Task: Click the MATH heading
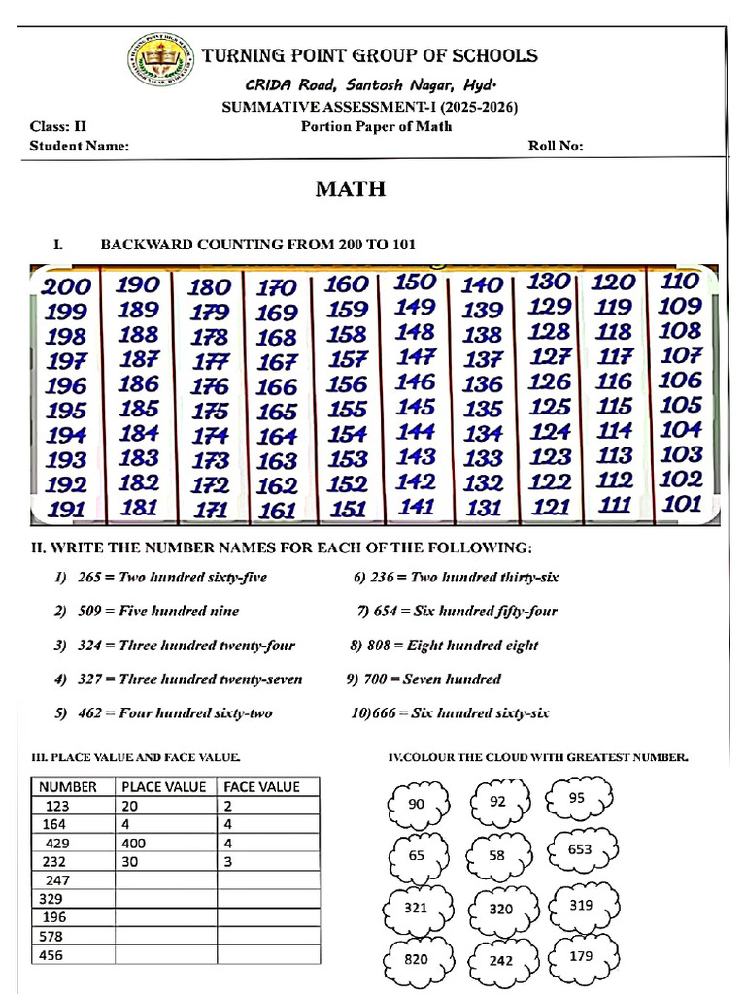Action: tap(350, 189)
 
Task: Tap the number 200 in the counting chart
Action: tap(66, 286)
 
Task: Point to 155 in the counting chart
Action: tap(347, 410)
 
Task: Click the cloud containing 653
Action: tap(579, 849)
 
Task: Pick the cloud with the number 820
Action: tap(416, 958)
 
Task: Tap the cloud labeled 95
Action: tap(577, 798)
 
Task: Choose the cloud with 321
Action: tap(416, 908)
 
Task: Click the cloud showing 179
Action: tap(581, 956)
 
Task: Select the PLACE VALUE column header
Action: tap(163, 787)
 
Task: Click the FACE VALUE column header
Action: tap(262, 787)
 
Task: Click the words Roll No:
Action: tap(556, 147)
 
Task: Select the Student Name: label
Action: tap(79, 147)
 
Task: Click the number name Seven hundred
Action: tap(454, 679)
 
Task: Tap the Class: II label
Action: tap(58, 126)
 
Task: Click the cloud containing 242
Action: tap(500, 960)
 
